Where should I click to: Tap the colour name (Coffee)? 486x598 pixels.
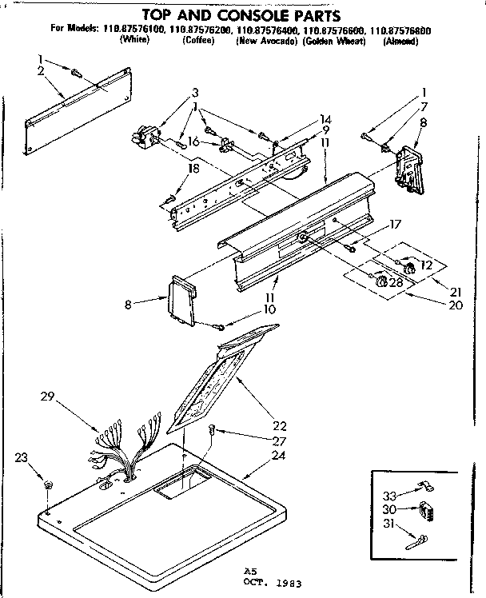pos(197,41)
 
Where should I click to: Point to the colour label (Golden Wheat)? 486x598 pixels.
pos(333,41)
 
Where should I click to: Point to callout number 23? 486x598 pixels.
pos(22,458)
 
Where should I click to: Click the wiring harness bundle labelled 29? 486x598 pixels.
pos(120,452)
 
